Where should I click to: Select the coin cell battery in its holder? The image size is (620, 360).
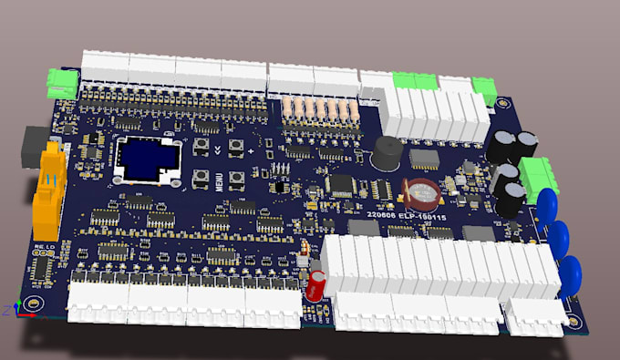click(x=422, y=190)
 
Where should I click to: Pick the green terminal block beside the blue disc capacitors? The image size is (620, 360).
click(x=539, y=172)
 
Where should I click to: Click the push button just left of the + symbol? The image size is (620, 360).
click(x=235, y=147)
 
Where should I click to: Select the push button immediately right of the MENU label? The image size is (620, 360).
click(x=236, y=178)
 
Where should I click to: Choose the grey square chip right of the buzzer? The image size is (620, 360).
click(x=423, y=158)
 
